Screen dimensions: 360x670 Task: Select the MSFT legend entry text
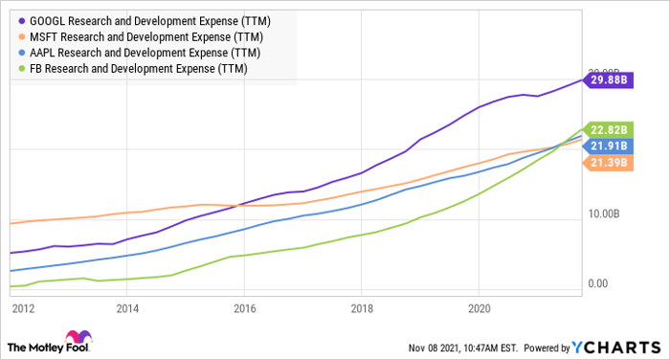click(144, 35)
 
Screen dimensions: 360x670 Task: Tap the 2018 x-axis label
click(362, 308)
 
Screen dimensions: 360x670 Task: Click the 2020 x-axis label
click(479, 308)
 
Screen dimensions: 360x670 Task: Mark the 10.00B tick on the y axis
click(610, 214)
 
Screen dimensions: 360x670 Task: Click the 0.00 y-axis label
click(599, 283)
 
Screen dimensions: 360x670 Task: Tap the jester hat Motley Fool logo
click(76, 339)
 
